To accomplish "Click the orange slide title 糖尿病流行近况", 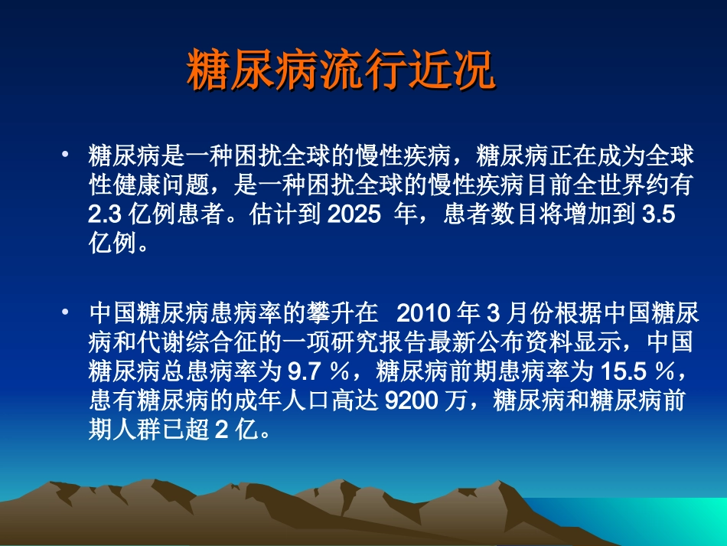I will [341, 71].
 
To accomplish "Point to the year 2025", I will [354, 214].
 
